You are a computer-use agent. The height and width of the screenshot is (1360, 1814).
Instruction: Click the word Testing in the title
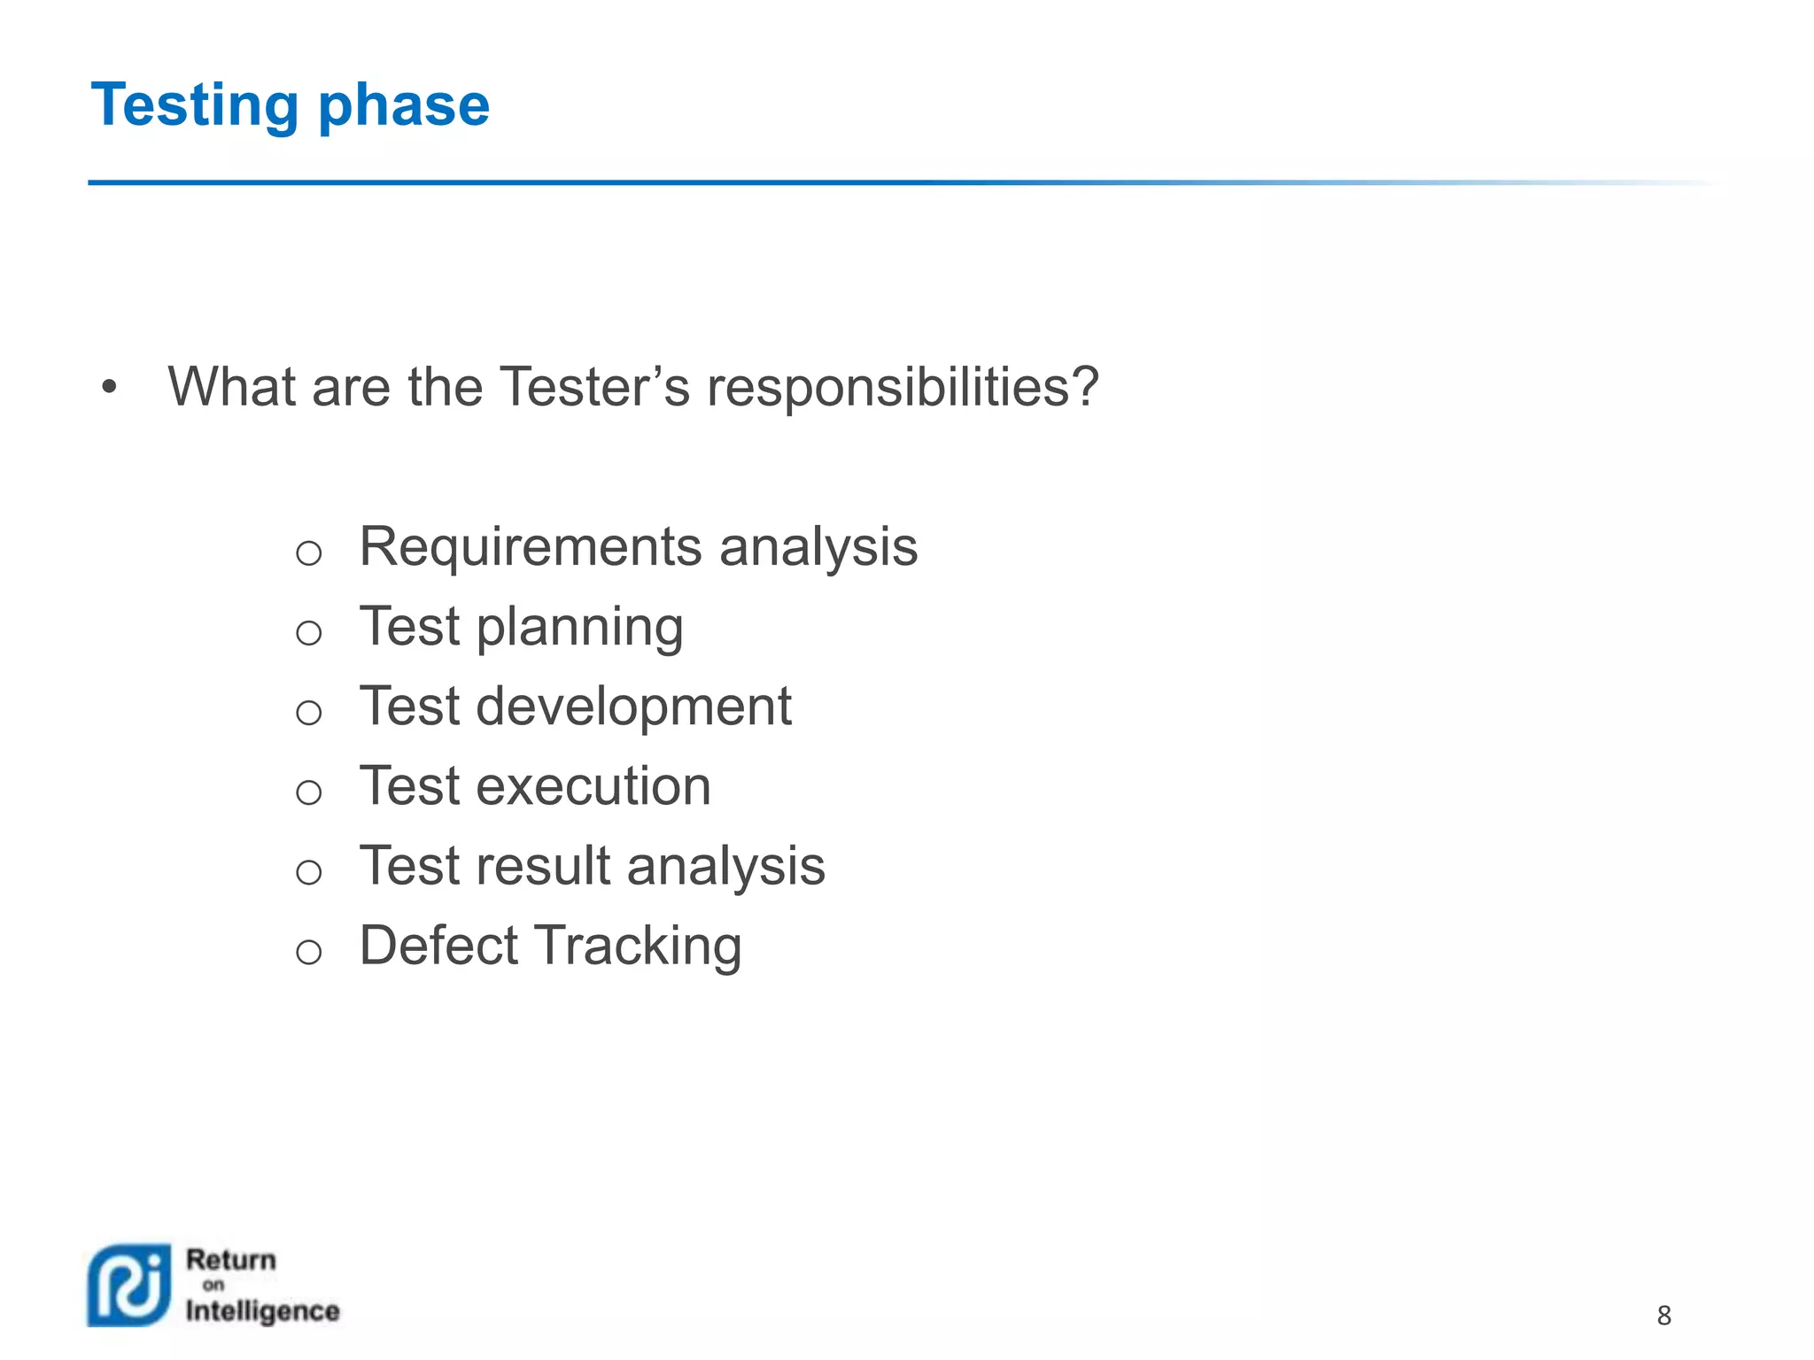(x=195, y=105)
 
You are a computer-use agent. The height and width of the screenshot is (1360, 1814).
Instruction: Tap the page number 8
(x=1663, y=1316)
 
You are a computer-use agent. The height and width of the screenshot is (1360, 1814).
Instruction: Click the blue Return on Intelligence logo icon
(x=129, y=1285)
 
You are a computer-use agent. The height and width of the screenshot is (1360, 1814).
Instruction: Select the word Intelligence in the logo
(x=262, y=1311)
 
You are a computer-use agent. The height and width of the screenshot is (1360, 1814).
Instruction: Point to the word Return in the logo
(x=231, y=1259)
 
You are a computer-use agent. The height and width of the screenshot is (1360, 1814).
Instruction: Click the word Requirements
(x=531, y=547)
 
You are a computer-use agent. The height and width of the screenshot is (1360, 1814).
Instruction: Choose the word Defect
(x=438, y=946)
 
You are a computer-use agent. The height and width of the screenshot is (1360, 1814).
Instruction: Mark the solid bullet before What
(x=109, y=387)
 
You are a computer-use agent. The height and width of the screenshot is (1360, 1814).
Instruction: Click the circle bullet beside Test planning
(x=308, y=632)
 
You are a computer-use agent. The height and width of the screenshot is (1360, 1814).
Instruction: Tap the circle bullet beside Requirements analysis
(x=308, y=553)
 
